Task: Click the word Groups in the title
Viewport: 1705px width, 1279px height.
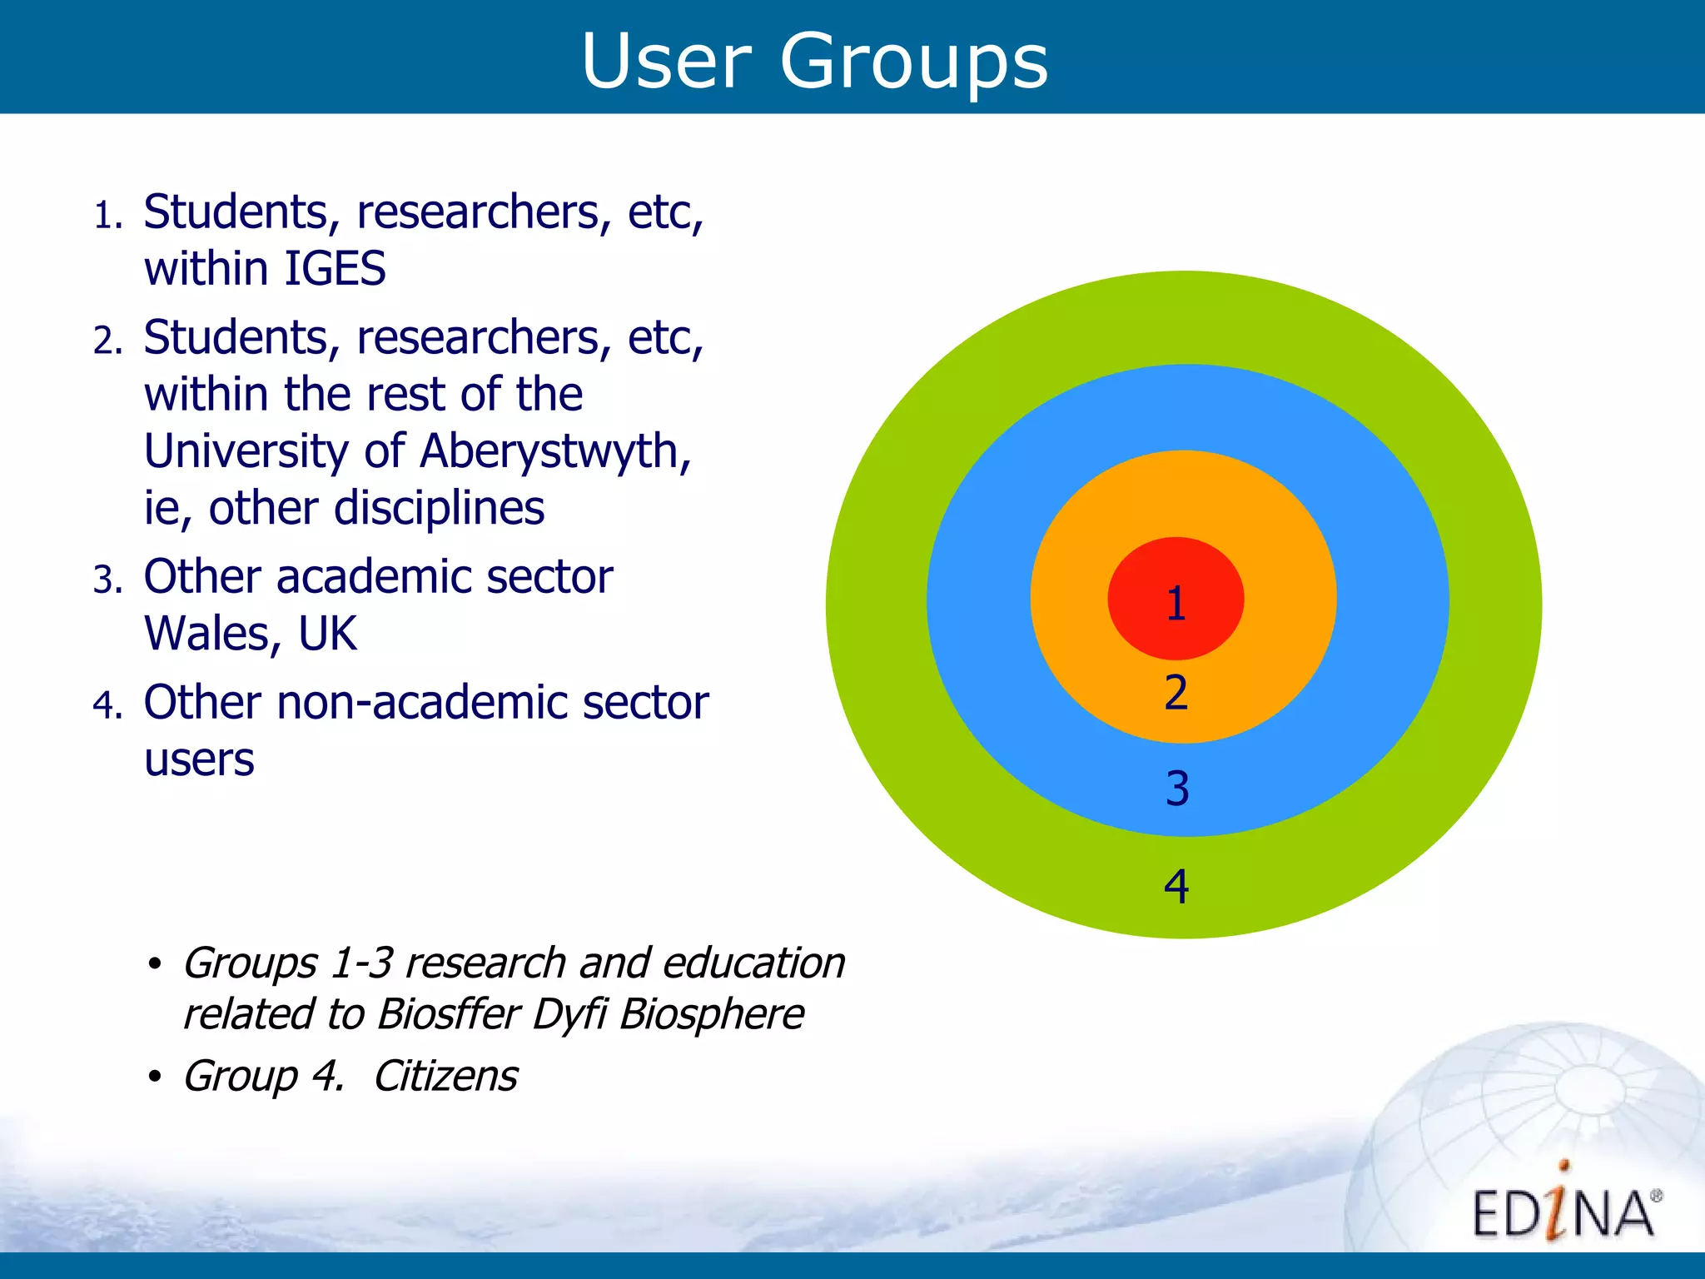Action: (x=913, y=62)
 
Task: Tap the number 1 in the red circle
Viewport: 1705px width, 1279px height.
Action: (x=1176, y=603)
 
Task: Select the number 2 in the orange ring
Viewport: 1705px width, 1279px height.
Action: (x=1176, y=693)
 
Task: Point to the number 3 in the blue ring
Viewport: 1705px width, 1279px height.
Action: (x=1176, y=789)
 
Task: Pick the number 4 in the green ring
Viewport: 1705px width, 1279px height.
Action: (x=1176, y=886)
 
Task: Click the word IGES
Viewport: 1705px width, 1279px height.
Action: (x=335, y=269)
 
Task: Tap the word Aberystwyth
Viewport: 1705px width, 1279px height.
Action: (x=555, y=452)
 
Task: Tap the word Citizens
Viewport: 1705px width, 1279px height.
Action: (x=445, y=1076)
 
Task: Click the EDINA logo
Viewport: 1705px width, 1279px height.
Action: (x=1563, y=1207)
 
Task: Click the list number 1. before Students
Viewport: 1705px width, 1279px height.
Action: (x=107, y=216)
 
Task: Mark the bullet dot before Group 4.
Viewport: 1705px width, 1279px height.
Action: (x=154, y=1077)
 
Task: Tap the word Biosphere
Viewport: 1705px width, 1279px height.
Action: (x=712, y=1014)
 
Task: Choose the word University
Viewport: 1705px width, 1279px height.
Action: (x=246, y=451)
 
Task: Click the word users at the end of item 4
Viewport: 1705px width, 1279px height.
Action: (x=199, y=759)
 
